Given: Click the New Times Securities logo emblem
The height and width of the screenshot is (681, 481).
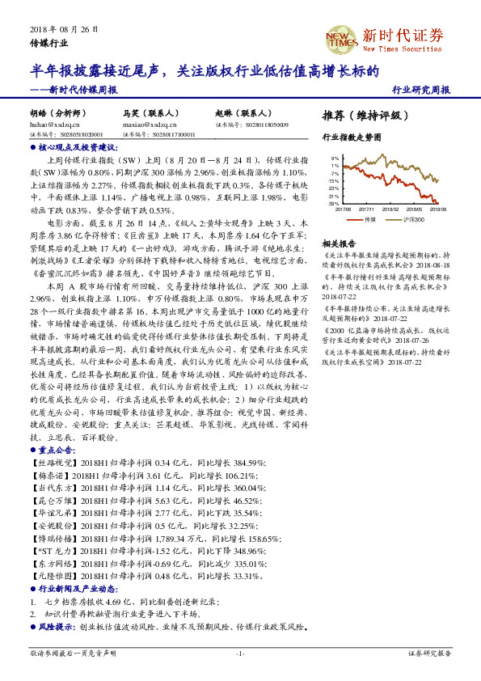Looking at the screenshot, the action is click(x=341, y=37).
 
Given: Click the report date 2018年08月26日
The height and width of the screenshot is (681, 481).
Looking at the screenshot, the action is click(x=64, y=29).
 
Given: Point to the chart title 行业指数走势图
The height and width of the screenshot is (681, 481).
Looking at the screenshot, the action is click(x=351, y=138).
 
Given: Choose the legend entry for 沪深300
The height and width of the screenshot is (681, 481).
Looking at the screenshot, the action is click(x=414, y=218).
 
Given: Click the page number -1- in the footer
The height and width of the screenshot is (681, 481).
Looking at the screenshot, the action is click(x=240, y=653).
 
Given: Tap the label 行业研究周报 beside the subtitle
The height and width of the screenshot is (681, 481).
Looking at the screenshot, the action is click(x=420, y=90).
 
